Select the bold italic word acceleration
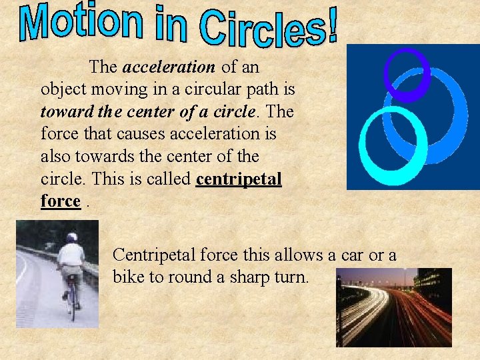(x=169, y=67)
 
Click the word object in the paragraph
(x=60, y=89)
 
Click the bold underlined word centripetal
(x=239, y=179)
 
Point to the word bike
(x=129, y=277)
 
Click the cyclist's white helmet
(x=71, y=237)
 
